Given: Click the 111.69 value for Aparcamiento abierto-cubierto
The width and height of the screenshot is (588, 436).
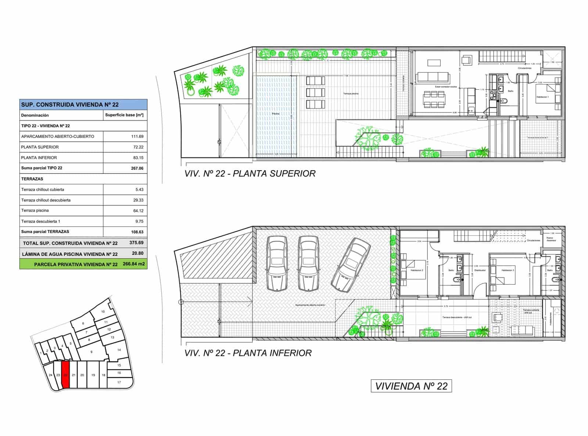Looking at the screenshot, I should point(137,136).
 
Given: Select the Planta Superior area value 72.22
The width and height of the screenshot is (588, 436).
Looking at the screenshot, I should point(138,147).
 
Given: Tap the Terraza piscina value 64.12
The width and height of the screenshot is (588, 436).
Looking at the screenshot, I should point(138,211).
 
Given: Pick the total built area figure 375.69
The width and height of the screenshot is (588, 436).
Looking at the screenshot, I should point(136,243).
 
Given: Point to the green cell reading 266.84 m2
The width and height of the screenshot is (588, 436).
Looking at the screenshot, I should point(134,264).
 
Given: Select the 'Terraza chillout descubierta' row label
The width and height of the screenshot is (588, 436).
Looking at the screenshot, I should point(46,200).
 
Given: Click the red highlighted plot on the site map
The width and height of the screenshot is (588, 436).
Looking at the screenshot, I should point(65,375).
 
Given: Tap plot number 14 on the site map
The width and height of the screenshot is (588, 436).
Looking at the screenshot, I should point(119,350).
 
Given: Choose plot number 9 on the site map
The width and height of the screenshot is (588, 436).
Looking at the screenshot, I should point(92,352).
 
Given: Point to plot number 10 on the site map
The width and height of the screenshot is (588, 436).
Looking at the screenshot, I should point(103,312).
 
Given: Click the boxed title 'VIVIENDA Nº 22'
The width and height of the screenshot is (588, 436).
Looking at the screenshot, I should point(411,386).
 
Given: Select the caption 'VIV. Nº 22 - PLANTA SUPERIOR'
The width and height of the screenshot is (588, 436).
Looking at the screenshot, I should point(250,174).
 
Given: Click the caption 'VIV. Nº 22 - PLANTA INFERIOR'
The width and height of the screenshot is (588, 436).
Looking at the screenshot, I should point(248,353).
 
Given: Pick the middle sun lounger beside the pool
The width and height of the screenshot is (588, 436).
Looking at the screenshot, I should point(315,92).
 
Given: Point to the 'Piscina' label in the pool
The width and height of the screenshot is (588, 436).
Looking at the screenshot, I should point(275,114).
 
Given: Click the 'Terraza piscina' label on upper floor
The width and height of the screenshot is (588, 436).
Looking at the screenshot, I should point(351,94).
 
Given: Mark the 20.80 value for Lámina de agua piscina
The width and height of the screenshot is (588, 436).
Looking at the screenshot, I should point(138,253).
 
